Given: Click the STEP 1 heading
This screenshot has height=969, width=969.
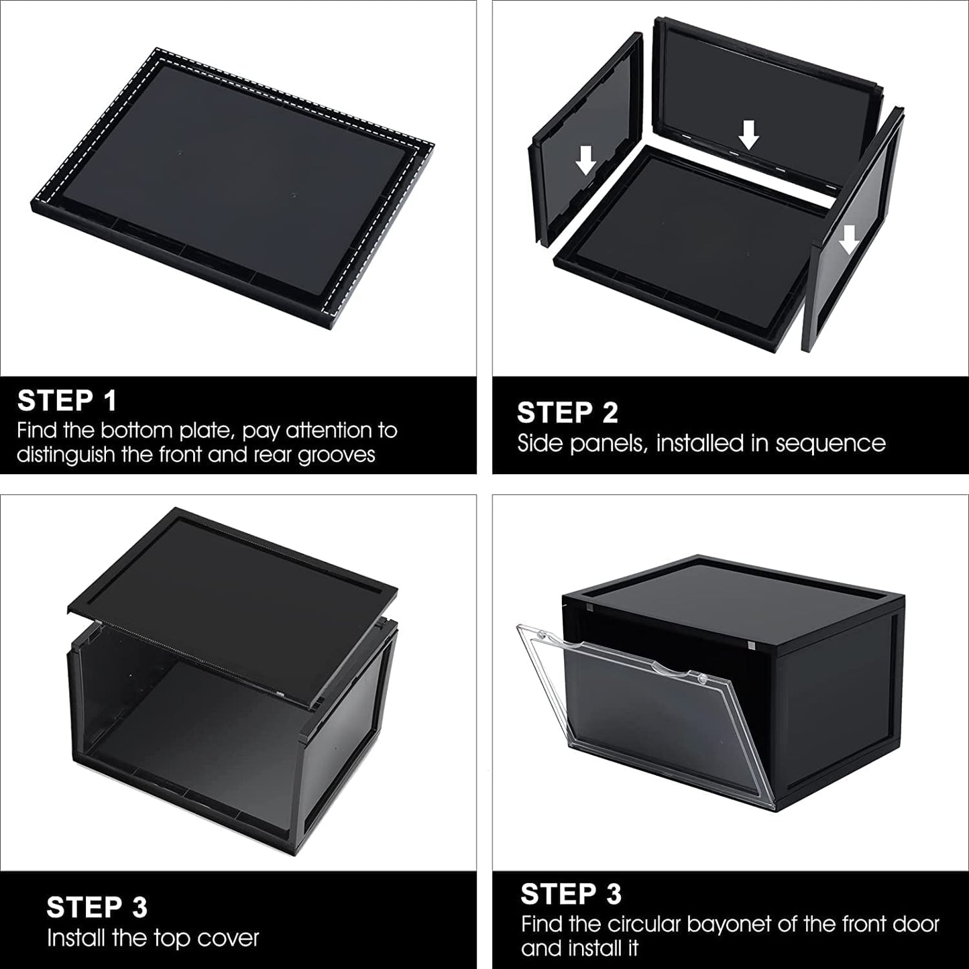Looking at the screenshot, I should tap(67, 400).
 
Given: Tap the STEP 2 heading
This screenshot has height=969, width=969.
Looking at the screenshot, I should tap(567, 413).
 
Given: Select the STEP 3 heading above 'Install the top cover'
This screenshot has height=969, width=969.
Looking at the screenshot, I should tap(97, 907).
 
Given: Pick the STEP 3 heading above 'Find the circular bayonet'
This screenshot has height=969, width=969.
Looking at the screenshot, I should tap(571, 894).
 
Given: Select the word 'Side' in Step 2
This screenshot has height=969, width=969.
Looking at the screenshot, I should tap(540, 443).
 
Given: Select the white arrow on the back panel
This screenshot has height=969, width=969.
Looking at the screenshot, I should tap(748, 137).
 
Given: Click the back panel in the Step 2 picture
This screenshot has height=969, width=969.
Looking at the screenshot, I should tap(764, 74).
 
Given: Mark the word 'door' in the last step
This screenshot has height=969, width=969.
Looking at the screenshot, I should tap(913, 925).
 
